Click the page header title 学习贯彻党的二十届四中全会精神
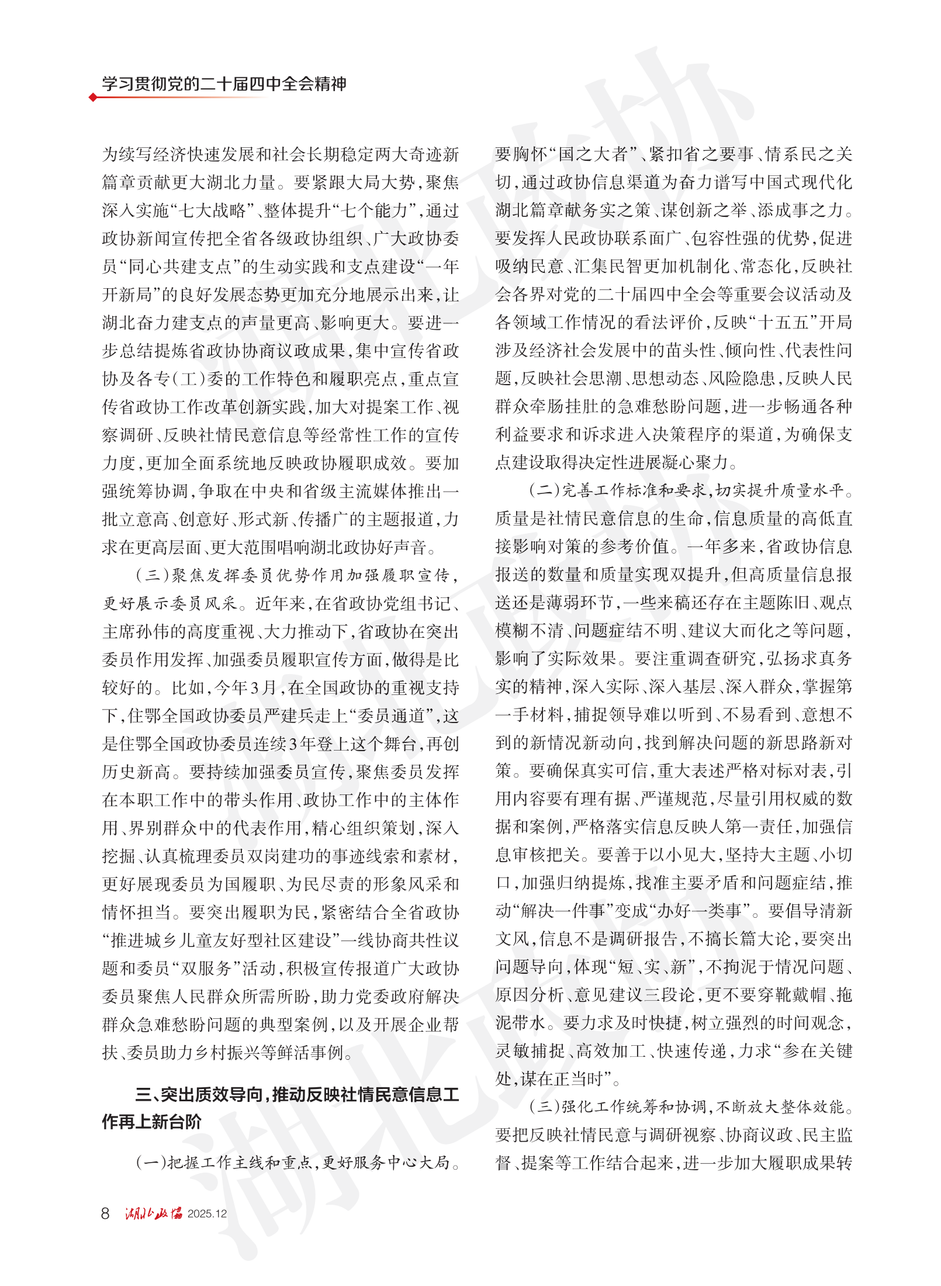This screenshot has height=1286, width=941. tap(224, 84)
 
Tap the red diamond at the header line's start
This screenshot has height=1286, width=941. tap(93, 97)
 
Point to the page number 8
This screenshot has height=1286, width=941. tap(105, 1214)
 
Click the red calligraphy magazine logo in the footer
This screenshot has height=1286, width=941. tap(153, 1214)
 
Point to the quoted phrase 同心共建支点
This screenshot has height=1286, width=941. tap(181, 267)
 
